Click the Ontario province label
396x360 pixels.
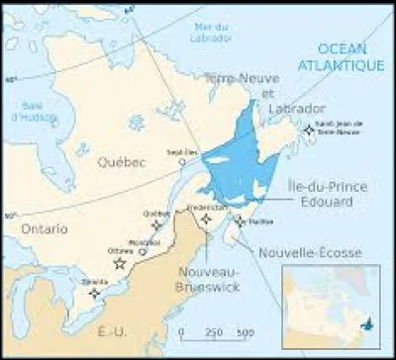(34, 228)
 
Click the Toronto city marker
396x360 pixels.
(95, 292)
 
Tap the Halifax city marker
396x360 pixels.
(241, 221)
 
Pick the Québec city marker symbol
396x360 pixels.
(156, 225)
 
